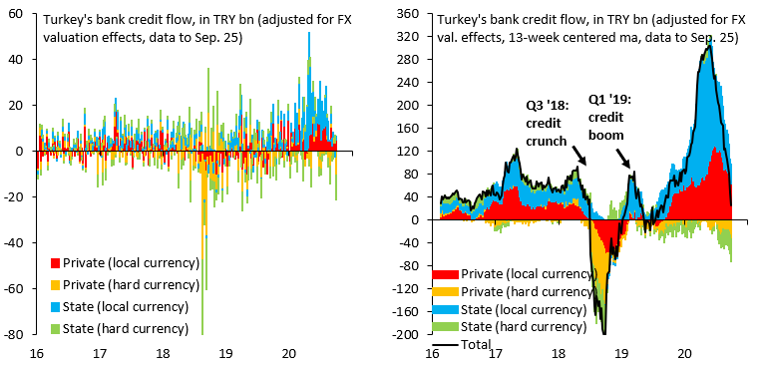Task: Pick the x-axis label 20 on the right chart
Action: (x=683, y=352)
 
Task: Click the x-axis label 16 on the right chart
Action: (x=432, y=352)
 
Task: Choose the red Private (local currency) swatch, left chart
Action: (x=55, y=263)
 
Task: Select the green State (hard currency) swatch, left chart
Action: (x=55, y=328)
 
